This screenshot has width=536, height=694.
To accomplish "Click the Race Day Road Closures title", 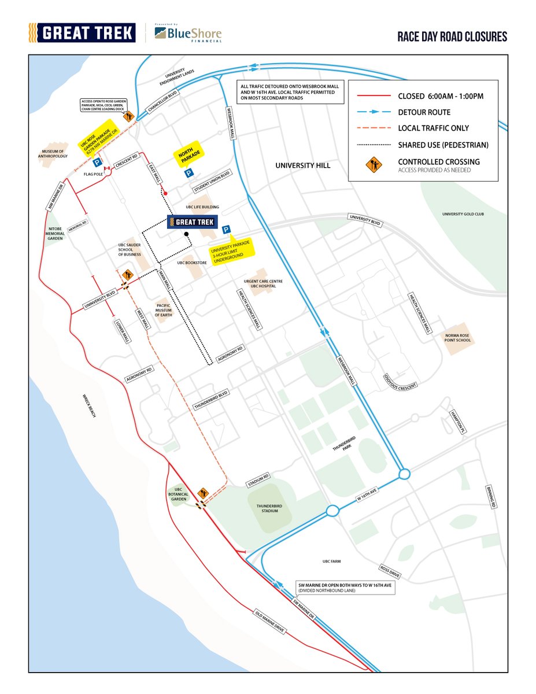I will [452, 37].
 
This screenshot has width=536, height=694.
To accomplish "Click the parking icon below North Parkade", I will [188, 173].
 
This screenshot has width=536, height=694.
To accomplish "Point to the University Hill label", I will [303, 165].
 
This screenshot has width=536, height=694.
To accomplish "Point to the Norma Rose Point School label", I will [458, 337].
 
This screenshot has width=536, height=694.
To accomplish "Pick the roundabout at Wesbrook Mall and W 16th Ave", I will [404, 474].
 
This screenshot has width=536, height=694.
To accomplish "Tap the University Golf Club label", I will [462, 214].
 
